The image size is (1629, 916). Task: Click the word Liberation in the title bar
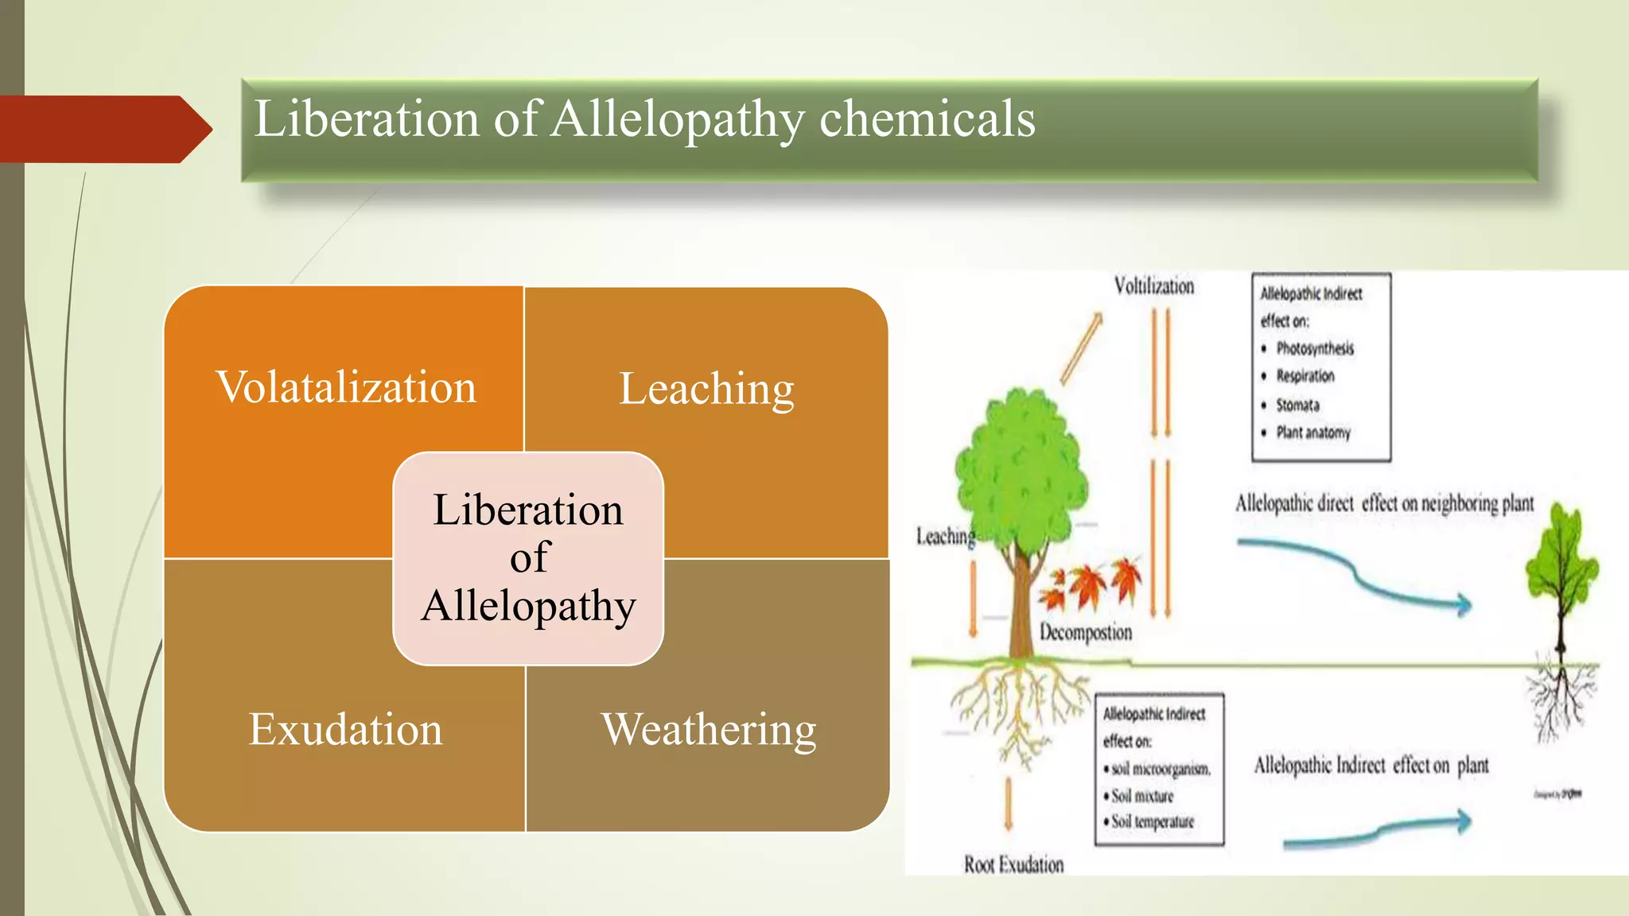point(367,119)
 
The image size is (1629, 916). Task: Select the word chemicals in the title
point(927,119)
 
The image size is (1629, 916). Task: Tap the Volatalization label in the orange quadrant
point(346,387)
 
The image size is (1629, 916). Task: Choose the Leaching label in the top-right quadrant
point(706,389)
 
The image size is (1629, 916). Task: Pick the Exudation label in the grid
point(345,729)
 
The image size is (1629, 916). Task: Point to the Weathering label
point(708,729)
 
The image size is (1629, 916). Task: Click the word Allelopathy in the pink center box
point(528,606)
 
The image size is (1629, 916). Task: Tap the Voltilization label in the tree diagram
point(1153,285)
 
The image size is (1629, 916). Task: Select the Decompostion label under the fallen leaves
point(1085,632)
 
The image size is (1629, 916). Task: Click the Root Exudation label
point(1013,864)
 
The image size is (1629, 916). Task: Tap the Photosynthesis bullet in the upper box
point(1314,348)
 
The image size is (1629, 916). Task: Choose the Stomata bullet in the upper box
point(1297,405)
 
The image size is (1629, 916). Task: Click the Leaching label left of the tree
point(945,537)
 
